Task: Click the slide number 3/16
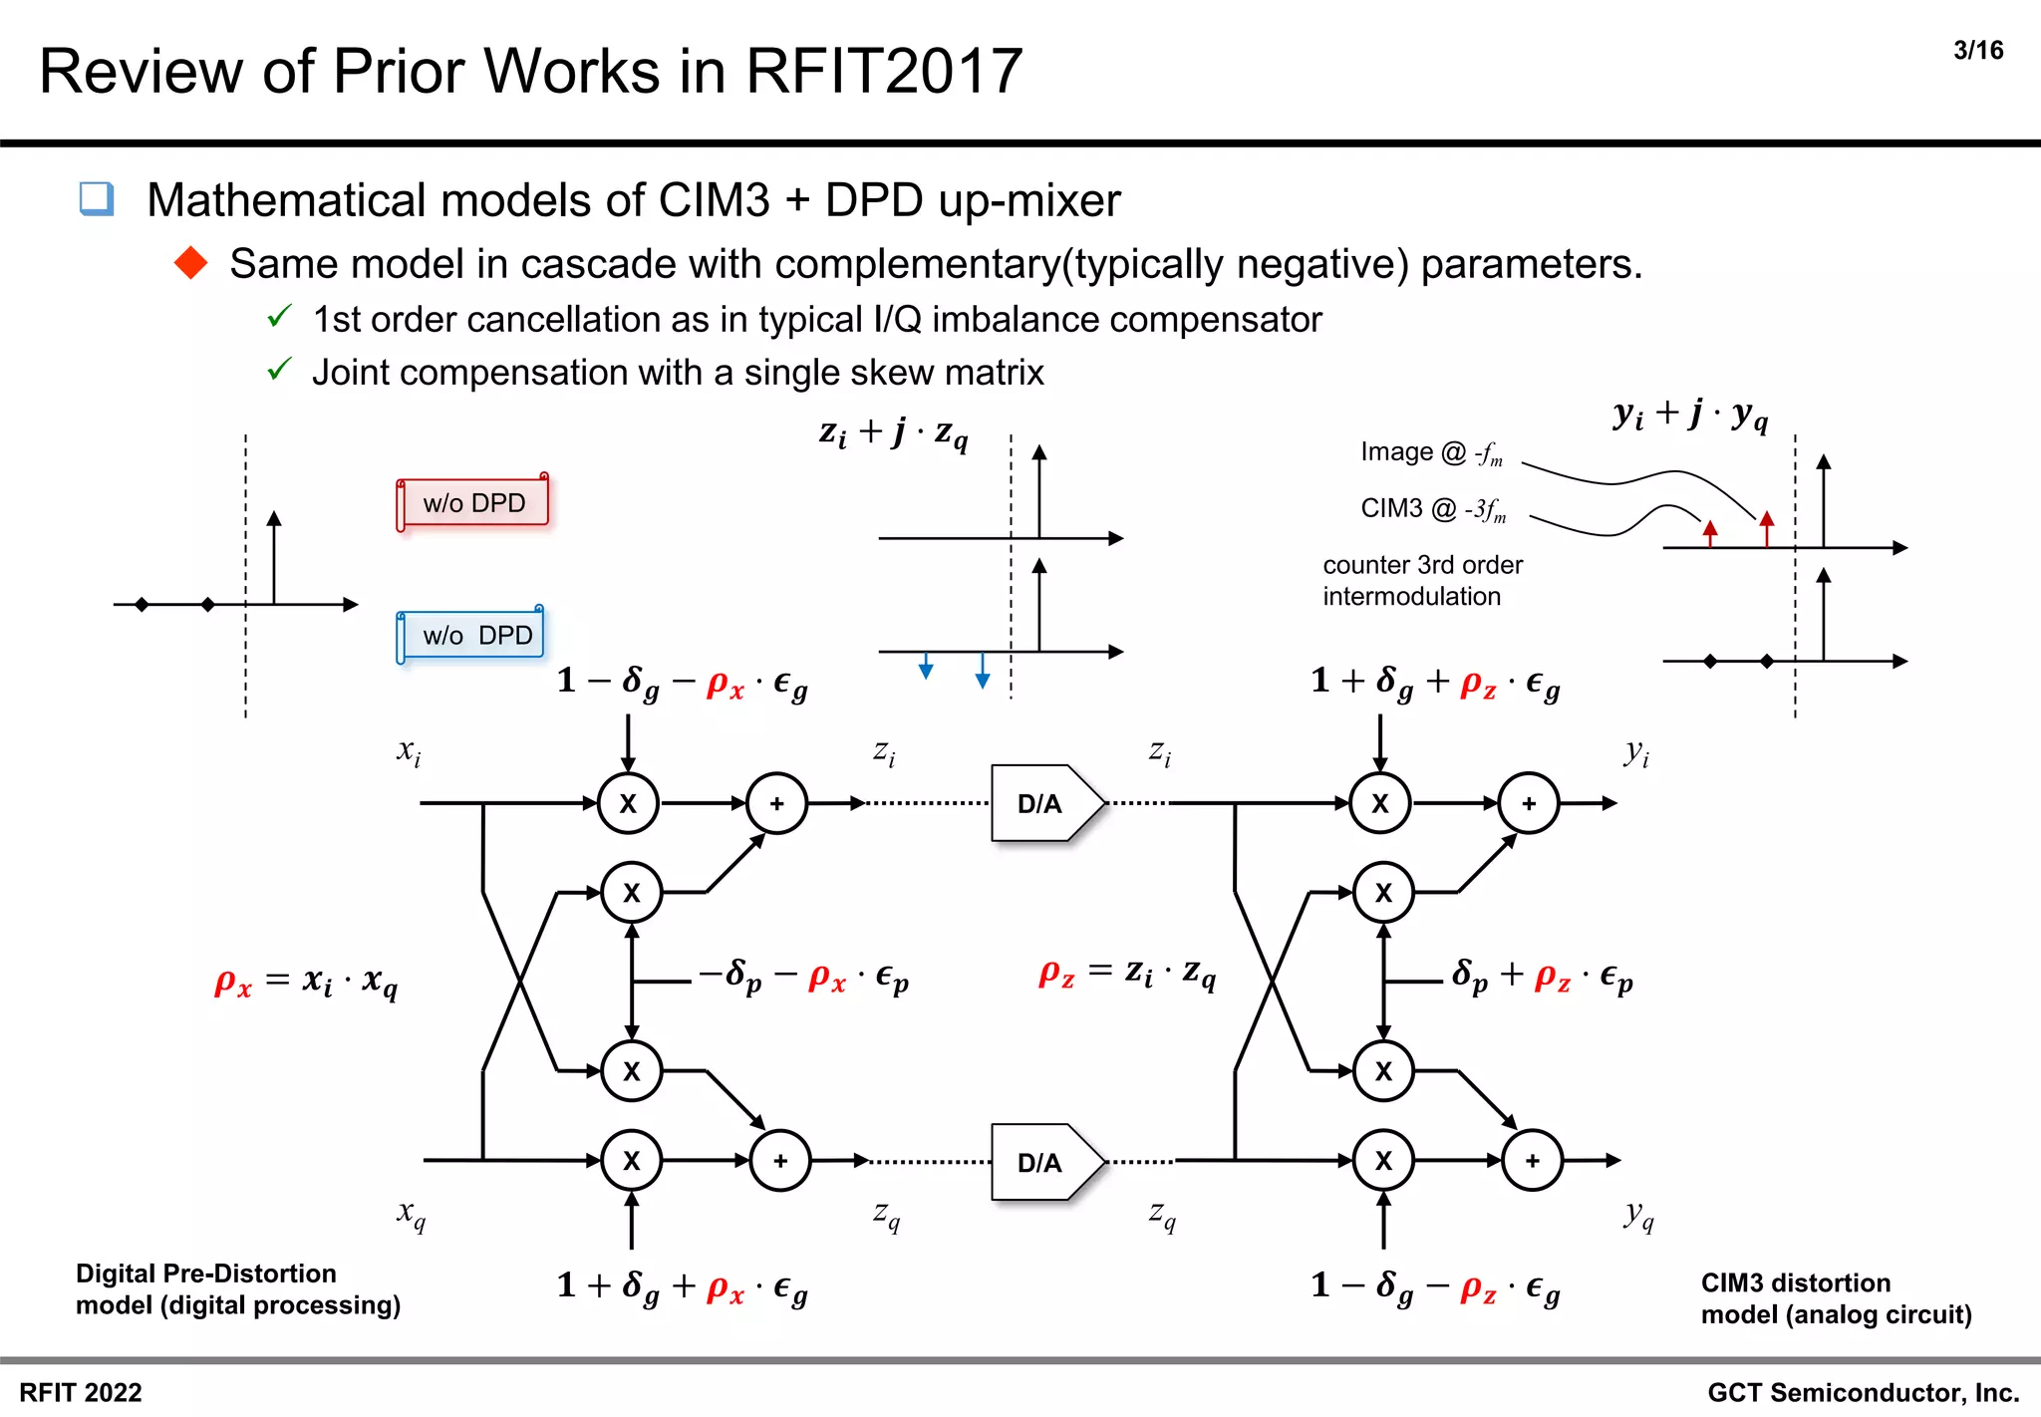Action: [x=1977, y=51]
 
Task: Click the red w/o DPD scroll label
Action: [x=473, y=503]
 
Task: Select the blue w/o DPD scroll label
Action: [x=473, y=635]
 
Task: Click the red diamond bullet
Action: [x=190, y=263]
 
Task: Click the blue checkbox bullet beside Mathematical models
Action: [x=97, y=198]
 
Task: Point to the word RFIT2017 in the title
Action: [x=883, y=72]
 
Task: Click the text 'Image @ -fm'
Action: [x=1431, y=453]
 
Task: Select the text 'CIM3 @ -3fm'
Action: [x=1433, y=509]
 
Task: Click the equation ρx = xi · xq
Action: [x=306, y=982]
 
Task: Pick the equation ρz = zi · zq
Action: [x=1127, y=973]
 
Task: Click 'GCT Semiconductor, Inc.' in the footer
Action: [x=1863, y=1392]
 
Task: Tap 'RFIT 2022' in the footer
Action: [x=81, y=1392]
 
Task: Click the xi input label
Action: [x=409, y=751]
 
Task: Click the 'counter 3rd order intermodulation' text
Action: [x=1422, y=581]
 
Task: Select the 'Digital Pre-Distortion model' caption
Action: [x=237, y=1289]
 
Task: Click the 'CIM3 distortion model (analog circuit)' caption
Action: [x=1836, y=1298]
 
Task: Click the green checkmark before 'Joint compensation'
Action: [x=279, y=370]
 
